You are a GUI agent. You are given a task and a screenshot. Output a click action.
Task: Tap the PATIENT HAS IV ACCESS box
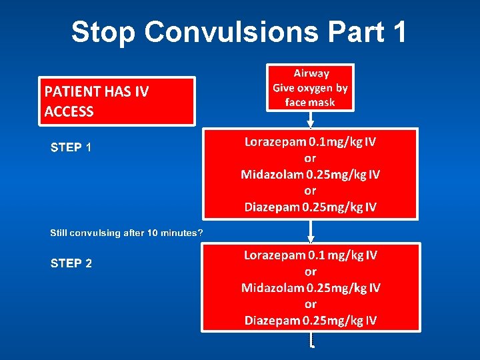pos(118,101)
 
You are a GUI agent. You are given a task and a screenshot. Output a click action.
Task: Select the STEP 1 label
pos(71,147)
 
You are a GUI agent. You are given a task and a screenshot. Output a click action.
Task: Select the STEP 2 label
pos(71,263)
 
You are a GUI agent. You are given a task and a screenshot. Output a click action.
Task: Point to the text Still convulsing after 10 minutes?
pos(127,233)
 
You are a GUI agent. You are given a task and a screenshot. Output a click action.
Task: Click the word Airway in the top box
pos(311,73)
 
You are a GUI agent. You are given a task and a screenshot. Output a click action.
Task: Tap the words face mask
pos(310,102)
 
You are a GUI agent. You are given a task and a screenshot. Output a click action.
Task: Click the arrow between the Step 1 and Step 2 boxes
pos(310,231)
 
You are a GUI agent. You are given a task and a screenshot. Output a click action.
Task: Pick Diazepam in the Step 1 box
pos(272,207)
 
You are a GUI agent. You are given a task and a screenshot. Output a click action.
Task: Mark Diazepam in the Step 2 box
pos(272,321)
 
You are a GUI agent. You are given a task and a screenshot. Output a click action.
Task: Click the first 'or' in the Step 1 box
pos(310,159)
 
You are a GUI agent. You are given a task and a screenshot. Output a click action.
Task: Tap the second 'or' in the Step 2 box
pos(310,304)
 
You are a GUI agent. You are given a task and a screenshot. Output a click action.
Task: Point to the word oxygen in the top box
pos(312,88)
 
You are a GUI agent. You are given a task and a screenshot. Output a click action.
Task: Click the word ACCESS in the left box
pos(69,111)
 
